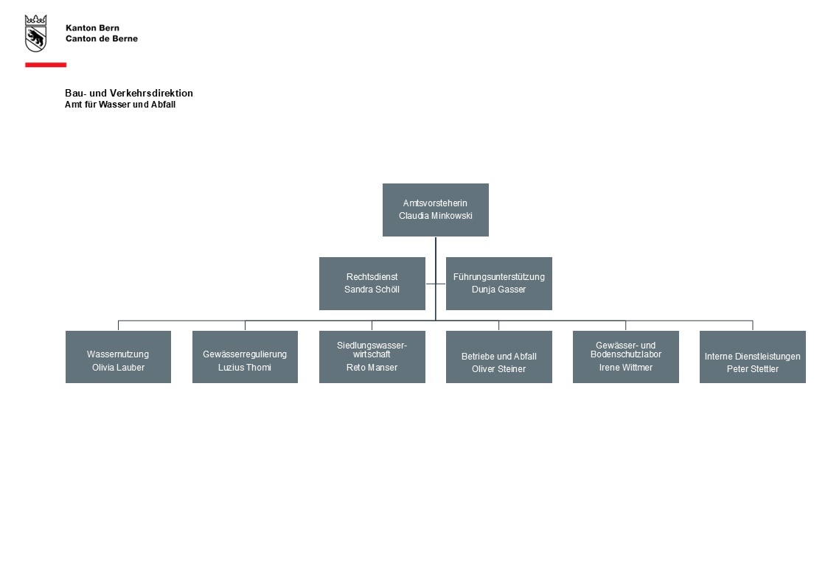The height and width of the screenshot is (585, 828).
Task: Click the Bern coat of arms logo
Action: pos(36,33)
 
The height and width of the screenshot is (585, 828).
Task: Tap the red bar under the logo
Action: pos(46,65)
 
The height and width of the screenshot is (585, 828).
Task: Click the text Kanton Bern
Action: pos(92,28)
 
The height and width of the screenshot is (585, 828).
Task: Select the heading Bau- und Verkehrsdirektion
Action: pos(129,94)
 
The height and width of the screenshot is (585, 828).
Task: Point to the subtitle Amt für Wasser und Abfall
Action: pos(120,105)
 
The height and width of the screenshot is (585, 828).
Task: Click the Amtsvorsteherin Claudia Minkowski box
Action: pos(436,210)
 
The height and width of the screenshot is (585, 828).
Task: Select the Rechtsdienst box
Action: pos(372,283)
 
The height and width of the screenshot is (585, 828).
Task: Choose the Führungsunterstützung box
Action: pos(499,283)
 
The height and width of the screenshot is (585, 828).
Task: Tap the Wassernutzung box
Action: pos(118,357)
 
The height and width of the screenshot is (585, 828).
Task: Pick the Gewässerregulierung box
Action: pos(245,357)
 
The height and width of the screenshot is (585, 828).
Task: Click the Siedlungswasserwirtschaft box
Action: pos(372,357)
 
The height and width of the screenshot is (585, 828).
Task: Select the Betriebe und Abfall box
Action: pos(499,357)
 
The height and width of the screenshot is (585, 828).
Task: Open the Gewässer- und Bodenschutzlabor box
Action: pos(626,357)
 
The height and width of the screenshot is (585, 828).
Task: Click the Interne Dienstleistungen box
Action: pos(753,357)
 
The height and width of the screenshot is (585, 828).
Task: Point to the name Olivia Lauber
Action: pos(118,368)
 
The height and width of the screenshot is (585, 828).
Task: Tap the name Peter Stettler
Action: pos(753,369)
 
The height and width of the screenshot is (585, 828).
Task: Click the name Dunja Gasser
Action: pos(499,290)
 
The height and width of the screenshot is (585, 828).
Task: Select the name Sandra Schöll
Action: pos(372,290)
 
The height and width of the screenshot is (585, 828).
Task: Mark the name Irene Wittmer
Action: pos(626,368)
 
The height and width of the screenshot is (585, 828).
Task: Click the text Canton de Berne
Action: pos(102,38)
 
